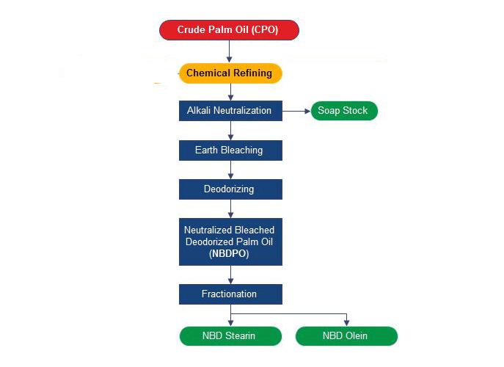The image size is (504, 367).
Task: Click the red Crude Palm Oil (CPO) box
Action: tap(229, 30)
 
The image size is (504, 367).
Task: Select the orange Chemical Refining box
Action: tap(230, 73)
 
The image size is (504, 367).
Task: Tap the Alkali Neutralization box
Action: tap(230, 111)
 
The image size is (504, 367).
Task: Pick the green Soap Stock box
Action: tap(344, 111)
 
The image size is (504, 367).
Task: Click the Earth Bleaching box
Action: tap(230, 150)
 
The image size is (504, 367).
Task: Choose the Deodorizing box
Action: tap(230, 189)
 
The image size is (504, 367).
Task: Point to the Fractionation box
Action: tap(230, 294)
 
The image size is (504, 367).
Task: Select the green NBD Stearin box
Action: tap(230, 336)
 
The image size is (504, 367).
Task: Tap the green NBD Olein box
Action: tap(346, 336)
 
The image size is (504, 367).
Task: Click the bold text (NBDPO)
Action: tap(229, 253)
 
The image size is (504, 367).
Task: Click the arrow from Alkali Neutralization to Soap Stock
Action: tap(296, 111)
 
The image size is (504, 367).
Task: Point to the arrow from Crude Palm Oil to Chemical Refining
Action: tap(229, 51)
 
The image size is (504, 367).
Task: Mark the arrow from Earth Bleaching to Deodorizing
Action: tap(230, 170)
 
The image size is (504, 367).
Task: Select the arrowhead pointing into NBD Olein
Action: tap(346, 323)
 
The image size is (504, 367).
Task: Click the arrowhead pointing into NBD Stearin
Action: tap(230, 323)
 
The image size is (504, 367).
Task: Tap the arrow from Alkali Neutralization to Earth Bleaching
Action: tap(230, 131)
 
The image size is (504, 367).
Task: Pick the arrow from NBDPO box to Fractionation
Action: tap(230, 275)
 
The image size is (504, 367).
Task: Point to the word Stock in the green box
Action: tap(355, 110)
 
